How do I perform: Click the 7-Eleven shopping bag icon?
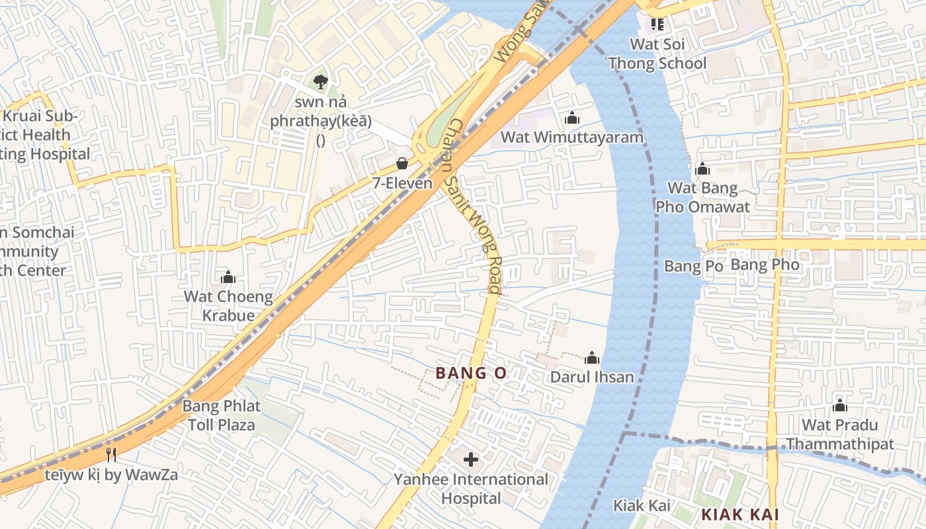tap(401, 163)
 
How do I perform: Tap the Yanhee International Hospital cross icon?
tap(471, 459)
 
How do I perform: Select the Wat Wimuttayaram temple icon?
tap(572, 118)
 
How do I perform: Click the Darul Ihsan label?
tap(592, 377)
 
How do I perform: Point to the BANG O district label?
tap(471, 373)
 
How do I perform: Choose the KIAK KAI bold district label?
tap(739, 514)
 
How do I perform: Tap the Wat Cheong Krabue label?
tap(228, 305)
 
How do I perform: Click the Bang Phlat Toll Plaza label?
tap(222, 415)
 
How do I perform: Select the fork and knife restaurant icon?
tap(111, 454)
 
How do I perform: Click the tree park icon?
tap(321, 82)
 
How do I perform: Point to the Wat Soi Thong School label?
tap(657, 54)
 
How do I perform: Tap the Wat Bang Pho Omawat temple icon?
tap(702, 169)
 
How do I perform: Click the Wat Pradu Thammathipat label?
tap(839, 434)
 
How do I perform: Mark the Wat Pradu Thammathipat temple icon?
tap(839, 405)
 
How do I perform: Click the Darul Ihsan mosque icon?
tap(592, 358)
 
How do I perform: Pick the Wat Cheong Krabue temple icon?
tap(228, 276)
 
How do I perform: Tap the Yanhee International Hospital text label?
tap(471, 489)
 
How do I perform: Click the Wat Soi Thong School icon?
tap(657, 24)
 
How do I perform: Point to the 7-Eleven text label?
tap(402, 183)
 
